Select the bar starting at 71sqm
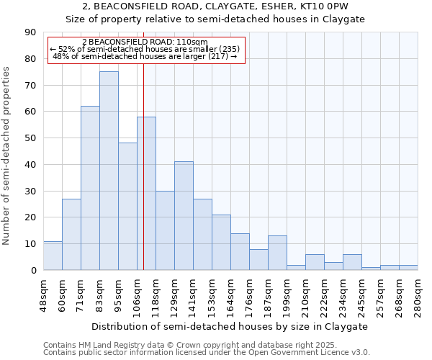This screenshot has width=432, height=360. click(x=90, y=188)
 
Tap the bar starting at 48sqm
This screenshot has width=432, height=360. click(x=53, y=256)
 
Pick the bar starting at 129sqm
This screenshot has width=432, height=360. click(x=184, y=216)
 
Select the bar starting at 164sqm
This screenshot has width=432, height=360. click(x=240, y=251)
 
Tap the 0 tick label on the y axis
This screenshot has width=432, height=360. click(x=33, y=271)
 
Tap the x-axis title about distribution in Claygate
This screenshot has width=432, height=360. click(x=230, y=326)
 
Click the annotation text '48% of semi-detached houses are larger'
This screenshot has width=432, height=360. click(x=145, y=56)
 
